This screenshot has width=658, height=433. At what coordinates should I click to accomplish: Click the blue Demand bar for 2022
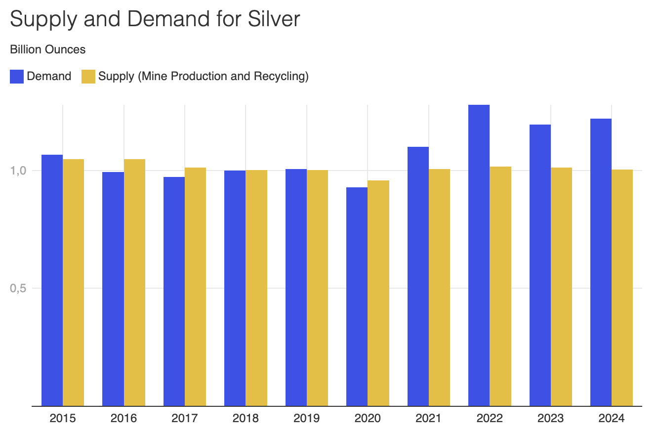click(479, 255)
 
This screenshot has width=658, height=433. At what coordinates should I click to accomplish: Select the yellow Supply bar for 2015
click(73, 282)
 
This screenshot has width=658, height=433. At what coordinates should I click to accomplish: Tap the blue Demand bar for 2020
click(357, 297)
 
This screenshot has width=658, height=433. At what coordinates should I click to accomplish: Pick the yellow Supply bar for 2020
click(378, 293)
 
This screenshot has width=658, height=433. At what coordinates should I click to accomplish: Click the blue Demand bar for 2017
click(174, 291)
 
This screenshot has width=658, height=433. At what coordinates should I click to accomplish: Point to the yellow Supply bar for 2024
click(622, 288)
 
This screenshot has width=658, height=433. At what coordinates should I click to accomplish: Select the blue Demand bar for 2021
click(418, 276)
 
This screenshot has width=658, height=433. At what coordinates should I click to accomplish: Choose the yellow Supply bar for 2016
click(134, 282)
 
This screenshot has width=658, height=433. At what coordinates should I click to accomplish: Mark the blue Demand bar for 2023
click(540, 265)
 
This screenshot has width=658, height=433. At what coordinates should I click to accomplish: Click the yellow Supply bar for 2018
click(256, 288)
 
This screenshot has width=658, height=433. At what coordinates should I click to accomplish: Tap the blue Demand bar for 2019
click(296, 287)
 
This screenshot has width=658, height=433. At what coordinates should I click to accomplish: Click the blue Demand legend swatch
click(17, 77)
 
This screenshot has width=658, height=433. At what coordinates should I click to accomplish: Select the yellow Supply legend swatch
click(88, 77)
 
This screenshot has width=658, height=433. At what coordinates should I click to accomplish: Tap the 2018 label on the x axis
click(246, 419)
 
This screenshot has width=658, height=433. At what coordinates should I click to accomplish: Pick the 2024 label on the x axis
click(612, 419)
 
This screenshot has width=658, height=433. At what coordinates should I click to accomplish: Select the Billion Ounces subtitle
click(48, 49)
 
